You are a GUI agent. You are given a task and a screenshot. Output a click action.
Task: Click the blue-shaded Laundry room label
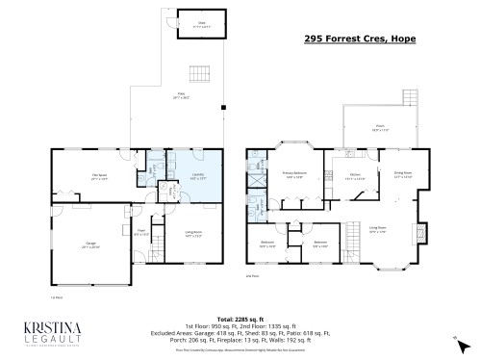pyautogui.click(x=169, y=176)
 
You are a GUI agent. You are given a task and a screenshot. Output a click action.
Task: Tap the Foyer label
pyautogui.click(x=140, y=231)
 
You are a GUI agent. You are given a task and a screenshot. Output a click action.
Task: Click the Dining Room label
pyautogui.click(x=403, y=174)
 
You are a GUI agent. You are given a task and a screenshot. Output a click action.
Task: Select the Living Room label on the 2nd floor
pyautogui.click(x=378, y=228)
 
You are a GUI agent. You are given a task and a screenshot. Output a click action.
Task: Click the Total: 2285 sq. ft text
pyautogui.click(x=240, y=318)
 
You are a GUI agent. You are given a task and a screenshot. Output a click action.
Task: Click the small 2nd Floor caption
pyautogui.click(x=252, y=275)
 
